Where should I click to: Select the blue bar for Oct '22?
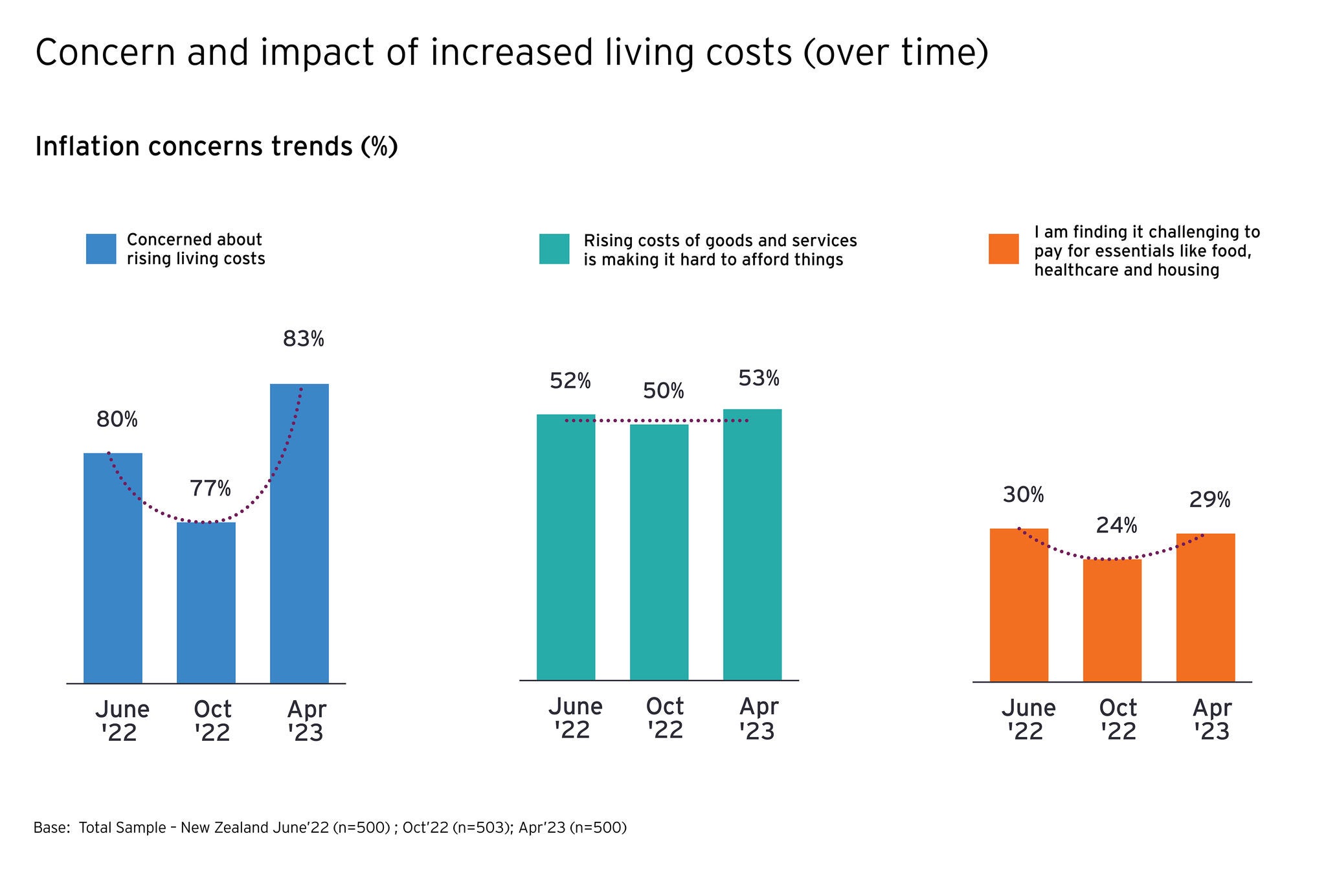206,602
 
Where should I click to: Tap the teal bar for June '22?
566,547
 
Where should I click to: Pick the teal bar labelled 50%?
659,552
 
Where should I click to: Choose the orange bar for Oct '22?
1112,620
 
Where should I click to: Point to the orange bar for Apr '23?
1205,607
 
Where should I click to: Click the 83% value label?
303,339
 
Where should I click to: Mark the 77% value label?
210,488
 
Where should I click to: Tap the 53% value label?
759,378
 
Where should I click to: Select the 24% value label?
1116,525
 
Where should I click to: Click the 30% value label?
1023,495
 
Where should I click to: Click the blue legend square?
101,249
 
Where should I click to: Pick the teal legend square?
554,249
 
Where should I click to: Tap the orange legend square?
1004,249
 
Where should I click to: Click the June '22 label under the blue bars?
122,721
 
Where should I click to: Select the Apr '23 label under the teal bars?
758,718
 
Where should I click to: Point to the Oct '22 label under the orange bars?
1118,719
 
